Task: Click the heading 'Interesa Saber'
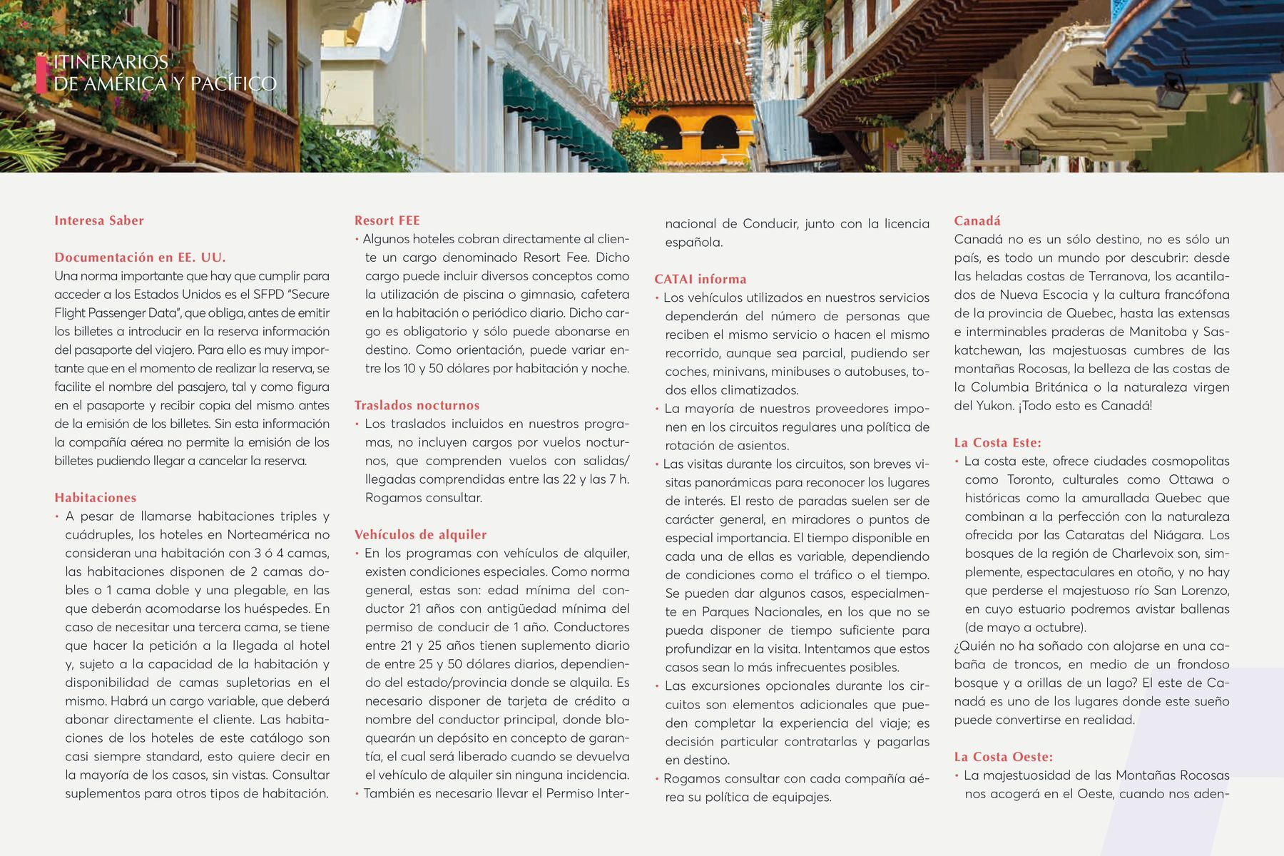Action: tap(99, 220)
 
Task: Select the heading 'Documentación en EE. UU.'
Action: tap(140, 258)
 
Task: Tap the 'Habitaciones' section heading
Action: tap(96, 498)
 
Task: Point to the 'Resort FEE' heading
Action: tap(387, 220)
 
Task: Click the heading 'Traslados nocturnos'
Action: tap(417, 405)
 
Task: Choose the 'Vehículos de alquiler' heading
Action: tap(421, 535)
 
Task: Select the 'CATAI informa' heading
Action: tap(700, 279)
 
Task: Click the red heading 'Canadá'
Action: tap(977, 220)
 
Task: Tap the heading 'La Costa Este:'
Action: tap(998, 442)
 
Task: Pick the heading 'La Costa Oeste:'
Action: tap(1004, 757)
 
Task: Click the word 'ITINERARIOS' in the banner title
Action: tap(111, 63)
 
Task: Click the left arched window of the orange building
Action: tap(664, 136)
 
